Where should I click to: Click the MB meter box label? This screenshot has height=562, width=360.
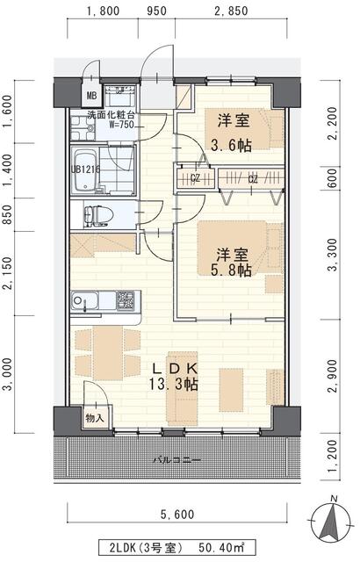(x=90, y=96)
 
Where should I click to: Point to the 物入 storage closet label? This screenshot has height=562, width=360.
(x=95, y=418)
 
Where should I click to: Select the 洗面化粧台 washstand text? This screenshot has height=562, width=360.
(x=109, y=117)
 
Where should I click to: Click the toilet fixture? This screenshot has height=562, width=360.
(x=96, y=214)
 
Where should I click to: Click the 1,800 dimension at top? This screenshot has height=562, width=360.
(x=104, y=11)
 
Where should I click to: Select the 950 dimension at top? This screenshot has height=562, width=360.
(x=156, y=11)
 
